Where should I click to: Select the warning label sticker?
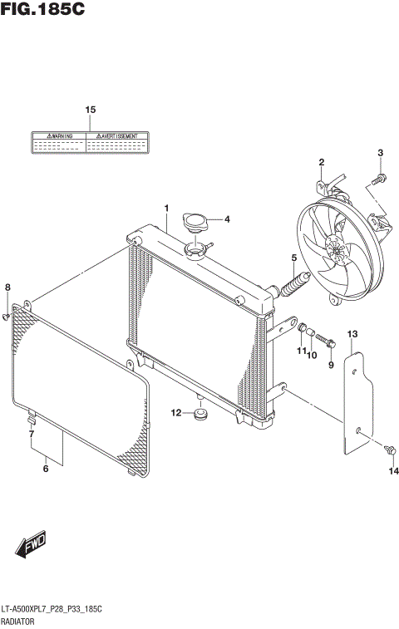91,143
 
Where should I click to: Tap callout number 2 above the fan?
321,161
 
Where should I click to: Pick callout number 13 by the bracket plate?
352,334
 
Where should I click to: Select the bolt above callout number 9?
328,341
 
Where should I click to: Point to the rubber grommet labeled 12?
199,413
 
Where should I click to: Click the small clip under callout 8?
7,316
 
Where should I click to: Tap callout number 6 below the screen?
46,469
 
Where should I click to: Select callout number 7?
31,435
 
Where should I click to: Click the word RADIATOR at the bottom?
21,622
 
